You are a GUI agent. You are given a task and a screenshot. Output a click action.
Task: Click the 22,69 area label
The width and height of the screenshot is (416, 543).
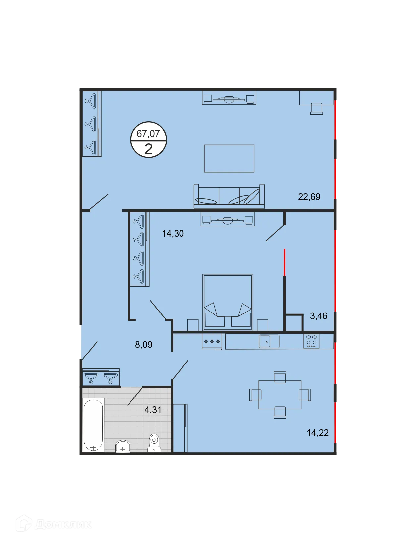(x=309, y=197)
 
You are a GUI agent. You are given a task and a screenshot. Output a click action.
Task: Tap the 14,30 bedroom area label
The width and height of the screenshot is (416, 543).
(x=173, y=234)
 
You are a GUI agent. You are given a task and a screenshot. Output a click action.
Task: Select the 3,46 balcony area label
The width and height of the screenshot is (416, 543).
(x=319, y=316)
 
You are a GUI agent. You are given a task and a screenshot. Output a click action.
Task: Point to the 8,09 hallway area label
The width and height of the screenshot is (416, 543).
(x=144, y=344)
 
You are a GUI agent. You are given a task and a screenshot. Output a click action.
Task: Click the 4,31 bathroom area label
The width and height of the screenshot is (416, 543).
(x=153, y=410)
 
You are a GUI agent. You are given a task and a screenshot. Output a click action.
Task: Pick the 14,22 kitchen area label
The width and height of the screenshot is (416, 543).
(x=318, y=433)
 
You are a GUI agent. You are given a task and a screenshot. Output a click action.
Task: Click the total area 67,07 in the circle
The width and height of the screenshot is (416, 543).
(x=148, y=134)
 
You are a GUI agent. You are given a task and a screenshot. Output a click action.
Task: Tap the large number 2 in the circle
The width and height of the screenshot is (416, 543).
(x=148, y=149)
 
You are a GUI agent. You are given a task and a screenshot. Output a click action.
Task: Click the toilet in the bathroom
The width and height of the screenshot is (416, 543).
(x=154, y=443)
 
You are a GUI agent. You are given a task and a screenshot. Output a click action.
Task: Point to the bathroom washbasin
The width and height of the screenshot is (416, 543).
(x=123, y=446)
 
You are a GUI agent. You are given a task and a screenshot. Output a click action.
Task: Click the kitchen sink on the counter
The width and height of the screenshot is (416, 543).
(x=269, y=341)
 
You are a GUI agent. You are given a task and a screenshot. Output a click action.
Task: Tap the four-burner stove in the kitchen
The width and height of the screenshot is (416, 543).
(x=311, y=341)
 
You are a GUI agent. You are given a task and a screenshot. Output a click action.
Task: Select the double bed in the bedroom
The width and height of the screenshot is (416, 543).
(x=228, y=302)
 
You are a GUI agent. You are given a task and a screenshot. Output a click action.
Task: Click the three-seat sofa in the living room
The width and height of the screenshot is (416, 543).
(x=229, y=196)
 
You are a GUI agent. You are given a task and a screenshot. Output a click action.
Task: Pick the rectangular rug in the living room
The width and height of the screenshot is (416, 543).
(x=229, y=158)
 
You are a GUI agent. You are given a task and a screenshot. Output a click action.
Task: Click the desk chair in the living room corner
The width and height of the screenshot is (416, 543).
(x=317, y=108)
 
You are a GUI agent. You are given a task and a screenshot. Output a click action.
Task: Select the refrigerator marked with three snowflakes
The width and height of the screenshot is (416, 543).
(x=212, y=341)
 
